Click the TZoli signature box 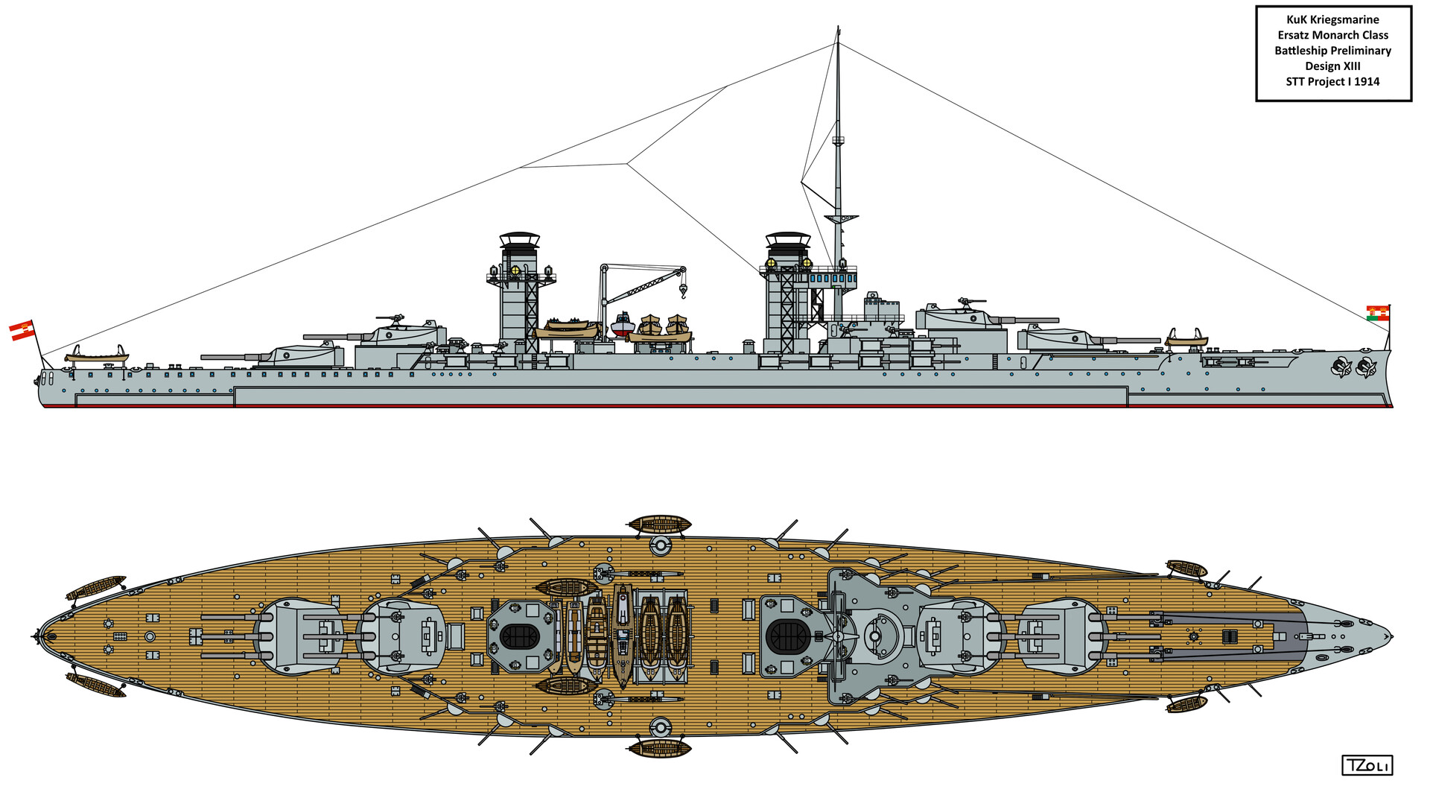(1367, 765)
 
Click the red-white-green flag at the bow (1377, 313)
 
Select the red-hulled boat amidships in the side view (623, 326)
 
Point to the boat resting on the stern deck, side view (97, 355)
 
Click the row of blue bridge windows (833, 278)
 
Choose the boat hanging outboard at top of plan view (660, 523)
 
